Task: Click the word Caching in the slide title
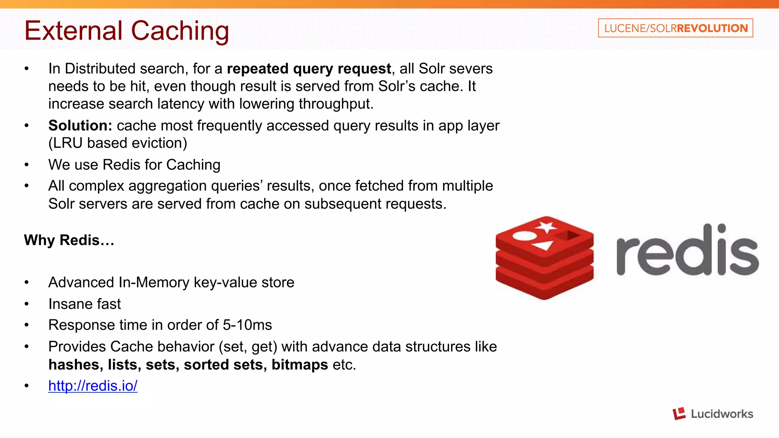click(180, 31)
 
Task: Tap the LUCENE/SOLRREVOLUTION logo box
click(675, 28)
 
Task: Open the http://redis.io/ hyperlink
click(93, 386)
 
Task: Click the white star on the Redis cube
click(546, 227)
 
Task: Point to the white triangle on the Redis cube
click(543, 244)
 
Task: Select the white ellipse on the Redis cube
click(525, 236)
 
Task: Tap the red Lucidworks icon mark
click(679, 414)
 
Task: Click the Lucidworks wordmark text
click(722, 414)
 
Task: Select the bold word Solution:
click(80, 125)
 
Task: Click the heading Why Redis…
click(69, 240)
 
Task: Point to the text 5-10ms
click(247, 325)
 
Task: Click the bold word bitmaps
click(300, 365)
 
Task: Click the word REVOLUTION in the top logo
click(712, 28)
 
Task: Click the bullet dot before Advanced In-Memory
click(27, 282)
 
